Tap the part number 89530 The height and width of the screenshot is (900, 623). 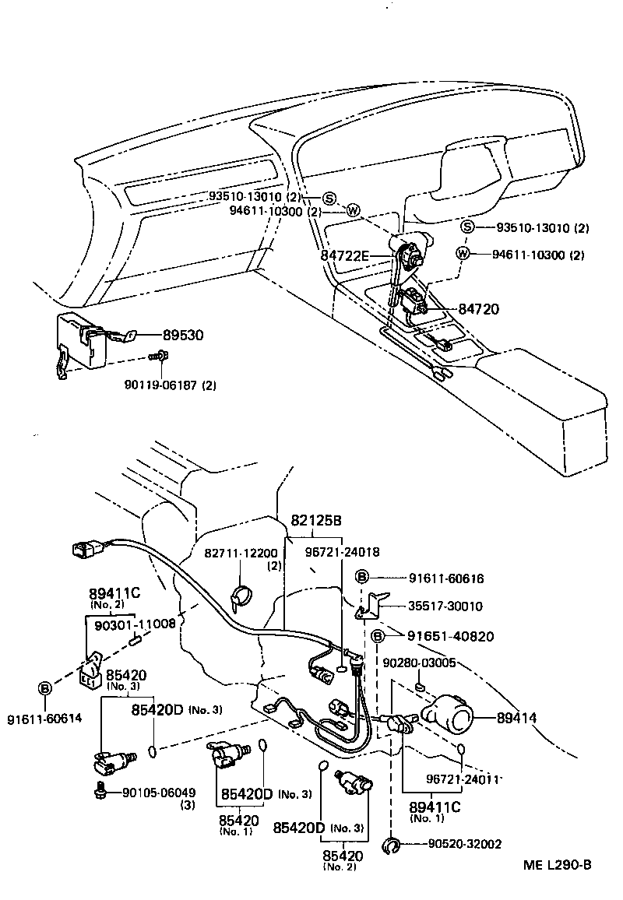click(x=183, y=335)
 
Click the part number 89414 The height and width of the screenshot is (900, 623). click(x=517, y=717)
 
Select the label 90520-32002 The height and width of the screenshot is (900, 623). click(x=464, y=843)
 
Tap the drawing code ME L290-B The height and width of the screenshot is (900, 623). click(x=556, y=864)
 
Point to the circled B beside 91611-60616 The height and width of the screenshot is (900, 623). click(x=362, y=577)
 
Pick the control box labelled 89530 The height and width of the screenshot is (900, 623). click(x=83, y=342)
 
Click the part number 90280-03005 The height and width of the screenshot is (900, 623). click(x=419, y=663)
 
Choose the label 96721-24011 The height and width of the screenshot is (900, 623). click(x=462, y=778)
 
